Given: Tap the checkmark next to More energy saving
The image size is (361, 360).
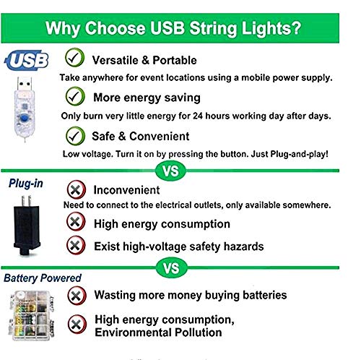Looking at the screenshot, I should click(74, 96).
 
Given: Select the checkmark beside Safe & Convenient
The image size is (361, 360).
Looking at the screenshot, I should click(74, 134).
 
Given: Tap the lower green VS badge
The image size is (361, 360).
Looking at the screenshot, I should click(171, 269).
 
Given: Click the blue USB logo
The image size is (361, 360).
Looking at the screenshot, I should click(26, 61).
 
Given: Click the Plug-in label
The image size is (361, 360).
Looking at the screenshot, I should click(26, 184).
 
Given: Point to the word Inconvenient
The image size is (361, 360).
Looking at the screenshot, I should click(126, 190).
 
